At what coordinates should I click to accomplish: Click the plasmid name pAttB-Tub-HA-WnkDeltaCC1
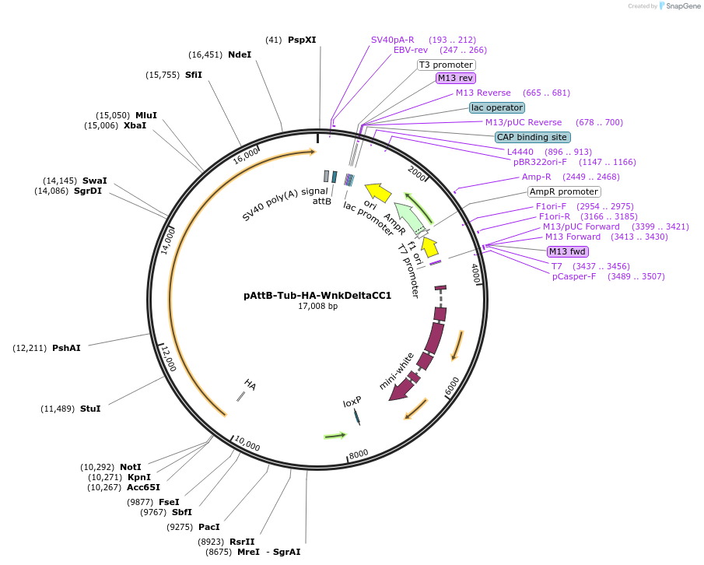click(x=317, y=296)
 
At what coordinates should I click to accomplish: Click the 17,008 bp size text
click(x=317, y=307)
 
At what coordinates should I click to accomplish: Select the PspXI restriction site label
click(x=302, y=40)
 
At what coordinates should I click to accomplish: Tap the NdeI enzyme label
click(x=240, y=54)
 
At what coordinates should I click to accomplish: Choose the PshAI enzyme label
click(x=66, y=348)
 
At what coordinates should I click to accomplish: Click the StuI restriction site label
click(x=90, y=409)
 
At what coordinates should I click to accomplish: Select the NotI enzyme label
click(x=131, y=467)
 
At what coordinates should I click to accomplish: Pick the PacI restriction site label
click(x=209, y=527)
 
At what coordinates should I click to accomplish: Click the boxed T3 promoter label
click(x=446, y=65)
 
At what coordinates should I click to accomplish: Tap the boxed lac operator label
click(x=497, y=107)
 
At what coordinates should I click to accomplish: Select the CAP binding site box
click(x=533, y=137)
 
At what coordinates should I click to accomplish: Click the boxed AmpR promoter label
click(x=564, y=191)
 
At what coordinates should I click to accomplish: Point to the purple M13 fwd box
click(x=567, y=251)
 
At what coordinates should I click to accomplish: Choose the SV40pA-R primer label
click(x=393, y=40)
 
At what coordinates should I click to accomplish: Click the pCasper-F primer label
click(x=574, y=276)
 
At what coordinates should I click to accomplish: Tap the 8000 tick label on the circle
click(x=359, y=454)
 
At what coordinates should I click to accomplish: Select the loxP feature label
click(x=352, y=402)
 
